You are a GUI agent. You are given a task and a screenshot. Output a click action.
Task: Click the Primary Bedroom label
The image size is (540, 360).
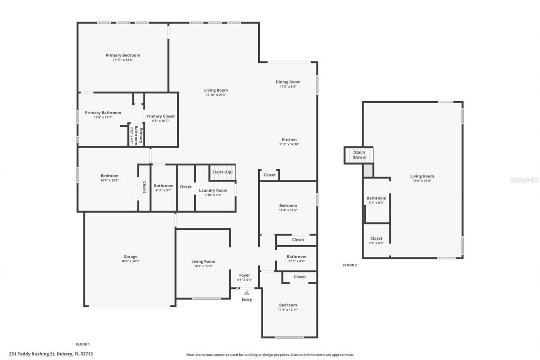tap(122, 55)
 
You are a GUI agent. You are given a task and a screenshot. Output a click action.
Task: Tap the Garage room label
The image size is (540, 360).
tap(130, 257)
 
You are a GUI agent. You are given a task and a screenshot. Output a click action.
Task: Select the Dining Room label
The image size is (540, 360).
tap(288, 82)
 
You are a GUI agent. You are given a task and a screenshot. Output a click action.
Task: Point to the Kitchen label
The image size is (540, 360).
tap(289, 140)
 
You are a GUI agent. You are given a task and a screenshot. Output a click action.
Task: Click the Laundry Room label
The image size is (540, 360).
tap(213, 190)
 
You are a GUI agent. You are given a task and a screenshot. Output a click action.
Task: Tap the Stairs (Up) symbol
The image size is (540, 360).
tap(222, 172)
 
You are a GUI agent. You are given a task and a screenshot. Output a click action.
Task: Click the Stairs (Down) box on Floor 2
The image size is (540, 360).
tap(359, 155)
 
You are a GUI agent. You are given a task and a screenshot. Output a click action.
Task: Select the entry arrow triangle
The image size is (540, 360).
tap(247, 292)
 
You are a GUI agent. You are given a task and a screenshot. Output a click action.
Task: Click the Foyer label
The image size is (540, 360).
tap(245, 275)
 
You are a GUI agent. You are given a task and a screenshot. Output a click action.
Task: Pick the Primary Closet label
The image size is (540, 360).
tap(160, 116)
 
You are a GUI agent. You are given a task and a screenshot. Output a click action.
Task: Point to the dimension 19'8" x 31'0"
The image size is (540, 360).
tap(422, 181)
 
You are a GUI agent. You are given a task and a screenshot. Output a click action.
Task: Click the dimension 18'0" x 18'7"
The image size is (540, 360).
tap(130, 261)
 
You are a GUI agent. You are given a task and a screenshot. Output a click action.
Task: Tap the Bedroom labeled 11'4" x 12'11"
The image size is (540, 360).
tap(288, 305)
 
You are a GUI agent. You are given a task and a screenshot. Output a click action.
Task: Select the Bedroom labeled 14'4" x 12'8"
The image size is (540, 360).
tap(109, 176)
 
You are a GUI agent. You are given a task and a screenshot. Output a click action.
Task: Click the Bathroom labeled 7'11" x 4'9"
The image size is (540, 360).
tap(297, 257)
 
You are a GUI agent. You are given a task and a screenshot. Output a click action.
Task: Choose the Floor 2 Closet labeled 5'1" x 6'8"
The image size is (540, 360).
tap(376, 238)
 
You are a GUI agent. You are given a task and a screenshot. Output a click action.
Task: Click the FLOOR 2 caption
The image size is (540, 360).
tap(350, 265)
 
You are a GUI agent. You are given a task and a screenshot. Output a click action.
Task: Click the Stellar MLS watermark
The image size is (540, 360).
tap(524, 180)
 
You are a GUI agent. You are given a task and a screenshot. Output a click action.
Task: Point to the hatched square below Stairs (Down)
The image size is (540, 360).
tap(368, 171)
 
